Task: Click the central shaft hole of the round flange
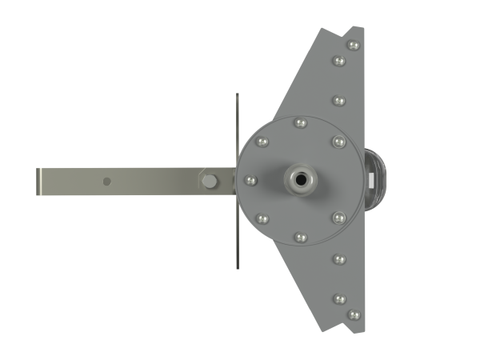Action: [x=301, y=180]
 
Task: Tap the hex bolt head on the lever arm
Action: [x=209, y=181]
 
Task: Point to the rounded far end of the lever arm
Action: [x=39, y=181]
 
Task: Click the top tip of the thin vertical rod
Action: [x=237, y=94]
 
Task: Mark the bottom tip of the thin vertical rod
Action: [x=237, y=268]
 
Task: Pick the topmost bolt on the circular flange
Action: [x=301, y=123]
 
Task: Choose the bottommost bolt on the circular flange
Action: [x=301, y=237]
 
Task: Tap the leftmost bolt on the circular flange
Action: [x=249, y=180]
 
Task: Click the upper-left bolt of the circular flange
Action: [x=263, y=142]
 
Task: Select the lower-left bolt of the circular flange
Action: [x=263, y=218]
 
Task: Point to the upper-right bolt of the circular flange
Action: [x=338, y=142]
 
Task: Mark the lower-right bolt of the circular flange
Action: [x=338, y=217]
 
